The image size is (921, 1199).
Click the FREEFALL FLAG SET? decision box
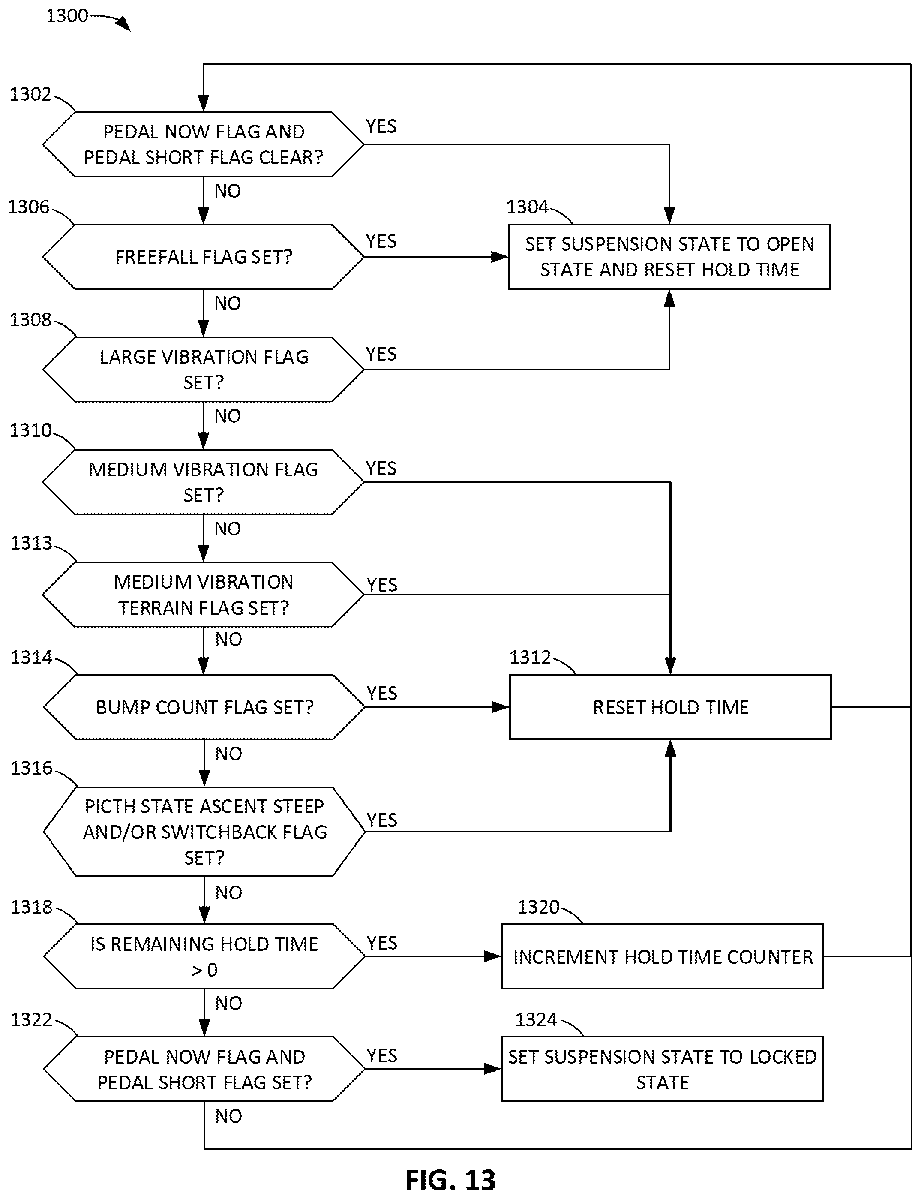pyautogui.click(x=204, y=257)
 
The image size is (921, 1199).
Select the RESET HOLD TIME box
pyautogui.click(x=670, y=707)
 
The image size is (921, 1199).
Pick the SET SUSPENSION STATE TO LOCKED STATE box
pyautogui.click(x=662, y=1069)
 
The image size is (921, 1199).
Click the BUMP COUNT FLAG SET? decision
pyautogui.click(x=204, y=707)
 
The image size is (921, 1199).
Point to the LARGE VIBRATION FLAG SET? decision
pyautogui.click(x=204, y=369)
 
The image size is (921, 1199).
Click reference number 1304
pyautogui.click(x=527, y=207)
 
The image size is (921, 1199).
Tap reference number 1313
pyautogui.click(x=31, y=543)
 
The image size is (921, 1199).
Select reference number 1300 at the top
pyautogui.click(x=67, y=15)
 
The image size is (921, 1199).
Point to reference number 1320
pyautogui.click(x=538, y=907)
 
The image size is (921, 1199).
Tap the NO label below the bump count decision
pyautogui.click(x=228, y=754)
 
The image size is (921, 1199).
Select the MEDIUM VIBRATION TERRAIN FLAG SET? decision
pyautogui.click(x=204, y=594)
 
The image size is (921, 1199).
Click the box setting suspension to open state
pyautogui.click(x=669, y=257)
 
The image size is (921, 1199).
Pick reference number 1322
pyautogui.click(x=31, y=1020)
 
